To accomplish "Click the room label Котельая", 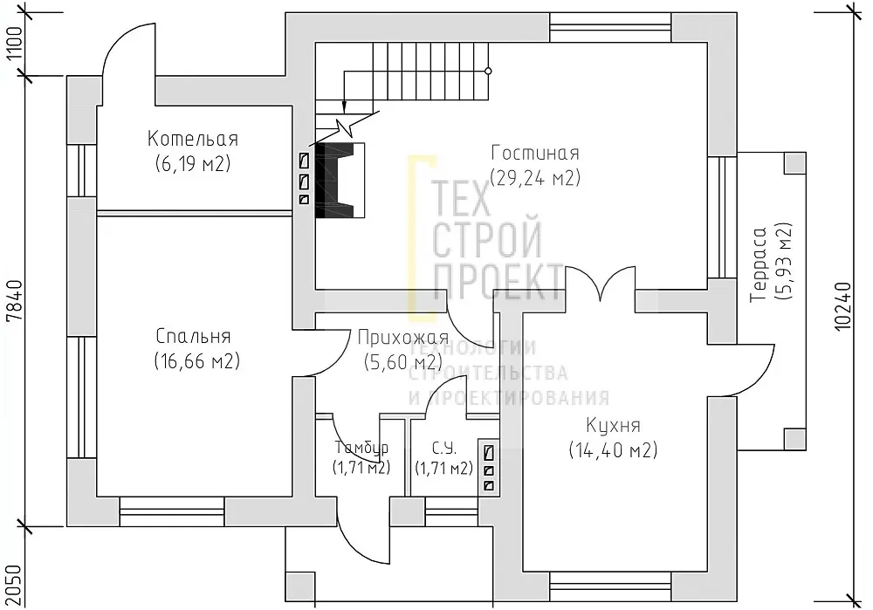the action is pyautogui.click(x=193, y=139).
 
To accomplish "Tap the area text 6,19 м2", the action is pyautogui.click(x=193, y=164).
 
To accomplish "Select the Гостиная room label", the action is pyautogui.click(x=535, y=153).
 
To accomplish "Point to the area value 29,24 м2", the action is pyautogui.click(x=535, y=177).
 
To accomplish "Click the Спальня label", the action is pyautogui.click(x=193, y=336).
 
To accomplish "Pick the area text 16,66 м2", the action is pyautogui.click(x=196, y=361).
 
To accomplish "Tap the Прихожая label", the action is pyautogui.click(x=402, y=337).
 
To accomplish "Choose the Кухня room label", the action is pyautogui.click(x=613, y=425).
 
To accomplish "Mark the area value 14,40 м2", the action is pyautogui.click(x=613, y=449).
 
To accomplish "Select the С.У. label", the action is pyautogui.click(x=443, y=448).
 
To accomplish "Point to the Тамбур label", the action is pyautogui.click(x=361, y=448).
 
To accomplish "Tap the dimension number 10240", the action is pyautogui.click(x=843, y=306).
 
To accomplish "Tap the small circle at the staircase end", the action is pyautogui.click(x=488, y=71).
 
